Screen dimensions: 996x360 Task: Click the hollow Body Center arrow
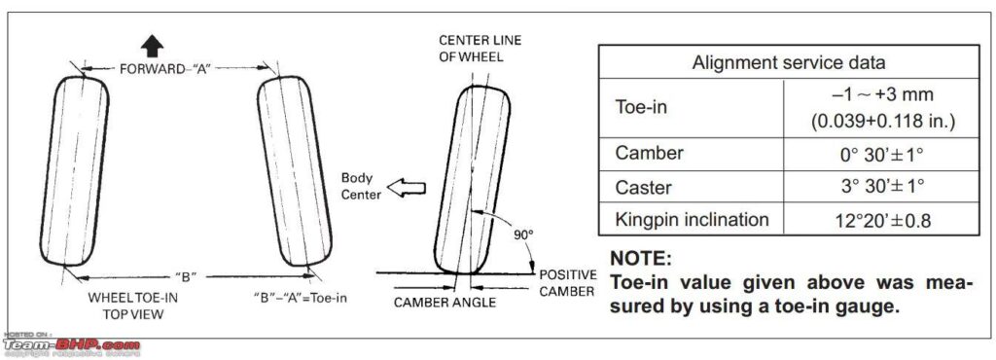click(406, 188)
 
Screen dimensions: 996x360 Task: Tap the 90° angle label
click(523, 234)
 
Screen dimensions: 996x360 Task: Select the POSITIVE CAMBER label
click(567, 283)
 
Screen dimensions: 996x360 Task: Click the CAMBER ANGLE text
click(445, 303)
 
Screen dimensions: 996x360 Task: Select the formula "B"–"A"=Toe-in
click(300, 298)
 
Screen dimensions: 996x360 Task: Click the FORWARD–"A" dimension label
click(165, 68)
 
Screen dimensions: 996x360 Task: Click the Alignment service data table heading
click(788, 63)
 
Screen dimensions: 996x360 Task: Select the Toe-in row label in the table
click(641, 107)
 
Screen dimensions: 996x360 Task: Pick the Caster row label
click(644, 187)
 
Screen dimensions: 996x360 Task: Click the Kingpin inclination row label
click(692, 220)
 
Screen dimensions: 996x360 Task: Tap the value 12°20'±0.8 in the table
click(881, 221)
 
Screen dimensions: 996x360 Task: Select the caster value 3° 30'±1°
click(881, 187)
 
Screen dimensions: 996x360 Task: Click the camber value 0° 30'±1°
click(881, 154)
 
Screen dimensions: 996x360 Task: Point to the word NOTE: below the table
click(640, 259)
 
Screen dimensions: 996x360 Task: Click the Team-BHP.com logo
click(71, 344)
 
